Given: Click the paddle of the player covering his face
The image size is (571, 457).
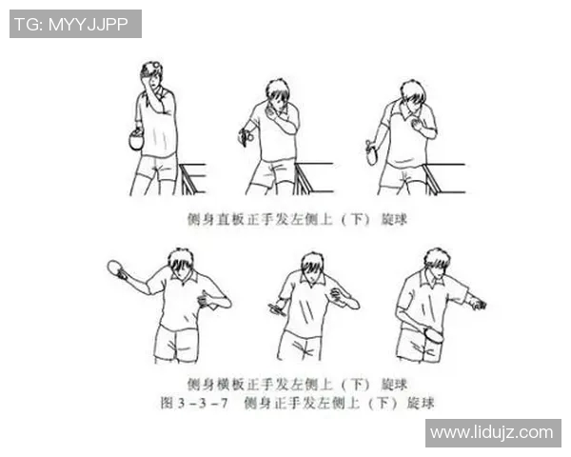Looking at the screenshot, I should tap(135, 141).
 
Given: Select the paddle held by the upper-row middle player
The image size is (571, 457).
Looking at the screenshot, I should tap(245, 138).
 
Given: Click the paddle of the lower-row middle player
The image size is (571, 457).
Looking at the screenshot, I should tap(277, 308).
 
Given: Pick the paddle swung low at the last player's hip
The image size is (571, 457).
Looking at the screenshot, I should tap(433, 336).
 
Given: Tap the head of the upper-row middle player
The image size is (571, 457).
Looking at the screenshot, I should tap(277, 94).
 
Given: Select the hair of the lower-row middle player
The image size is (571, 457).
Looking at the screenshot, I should tap(312, 260).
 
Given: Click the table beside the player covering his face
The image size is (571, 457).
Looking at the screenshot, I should tap(193, 177).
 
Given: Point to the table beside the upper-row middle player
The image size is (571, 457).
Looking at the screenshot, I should tap(313, 177).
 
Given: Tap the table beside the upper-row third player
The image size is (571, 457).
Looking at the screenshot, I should tap(443, 177).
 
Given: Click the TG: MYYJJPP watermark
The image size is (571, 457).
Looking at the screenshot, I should tap(75, 24).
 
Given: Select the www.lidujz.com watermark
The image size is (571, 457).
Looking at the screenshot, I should tap(491, 433).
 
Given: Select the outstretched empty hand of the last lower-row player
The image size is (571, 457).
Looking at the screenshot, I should tap(479, 305).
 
